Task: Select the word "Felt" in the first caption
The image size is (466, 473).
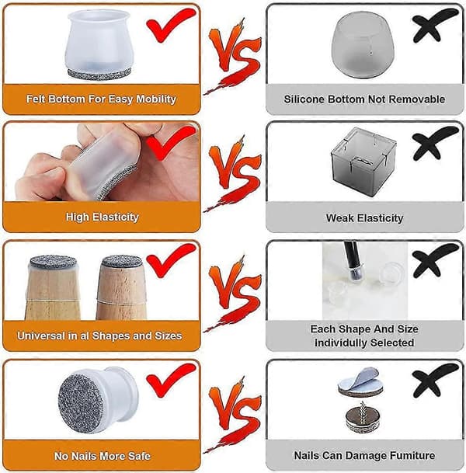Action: pos(35,99)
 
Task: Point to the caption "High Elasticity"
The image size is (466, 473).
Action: pos(103,217)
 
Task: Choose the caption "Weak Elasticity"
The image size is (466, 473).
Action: pos(364,217)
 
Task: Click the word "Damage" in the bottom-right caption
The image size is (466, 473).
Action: pos(364,455)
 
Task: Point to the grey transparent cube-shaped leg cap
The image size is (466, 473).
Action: pos(363,162)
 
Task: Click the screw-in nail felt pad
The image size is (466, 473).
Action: pos(362,417)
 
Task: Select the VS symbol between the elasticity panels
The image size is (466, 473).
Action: pos(234,173)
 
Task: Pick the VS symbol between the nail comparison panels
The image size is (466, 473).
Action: pos(234,415)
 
